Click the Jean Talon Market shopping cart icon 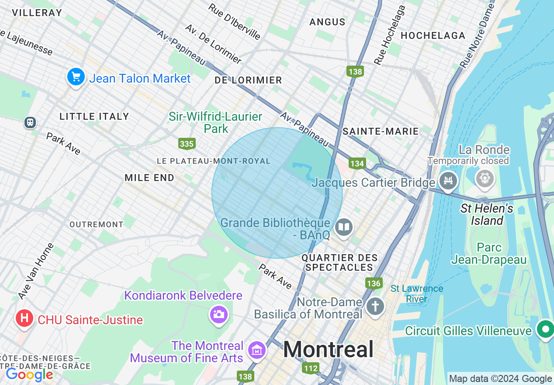click(x=76, y=77)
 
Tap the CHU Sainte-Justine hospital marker click(x=24, y=318)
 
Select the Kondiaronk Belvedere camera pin click(x=218, y=314)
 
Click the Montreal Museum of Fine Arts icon click(x=257, y=350)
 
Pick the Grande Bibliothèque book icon click(x=344, y=227)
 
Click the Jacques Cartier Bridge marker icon click(x=448, y=180)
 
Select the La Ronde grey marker click(x=485, y=178)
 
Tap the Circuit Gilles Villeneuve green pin click(x=545, y=329)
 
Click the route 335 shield click(x=187, y=143)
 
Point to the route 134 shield click(x=357, y=164)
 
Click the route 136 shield click(x=374, y=283)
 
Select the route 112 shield click(x=311, y=368)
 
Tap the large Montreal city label click(x=328, y=350)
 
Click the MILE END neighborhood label click(x=149, y=178)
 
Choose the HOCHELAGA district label click(x=433, y=35)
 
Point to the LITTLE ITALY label click(x=94, y=116)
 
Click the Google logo click(x=29, y=374)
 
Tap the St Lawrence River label click(x=416, y=294)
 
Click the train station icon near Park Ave click(x=30, y=122)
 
